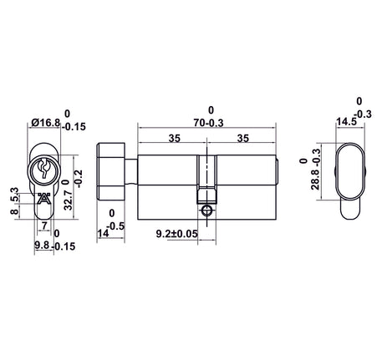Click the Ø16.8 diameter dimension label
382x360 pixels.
pyautogui.click(x=46, y=123)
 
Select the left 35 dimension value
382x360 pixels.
pyautogui.click(x=174, y=138)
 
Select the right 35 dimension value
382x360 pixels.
pyautogui.click(x=242, y=138)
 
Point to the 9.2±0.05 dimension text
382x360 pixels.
pyautogui.click(x=176, y=234)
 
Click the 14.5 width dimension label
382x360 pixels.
pyautogui.click(x=346, y=122)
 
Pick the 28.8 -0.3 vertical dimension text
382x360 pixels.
pyautogui.click(x=315, y=170)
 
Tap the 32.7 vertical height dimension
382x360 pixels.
pyautogui.click(x=69, y=200)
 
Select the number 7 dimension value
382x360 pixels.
pyautogui.click(x=44, y=226)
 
